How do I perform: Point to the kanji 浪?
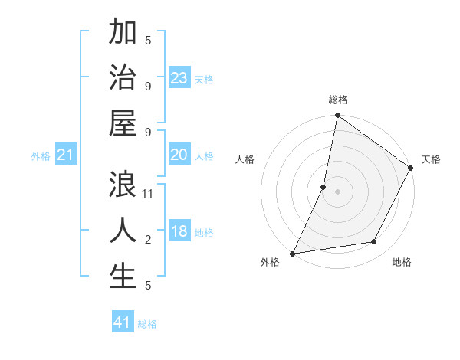pos(123,185)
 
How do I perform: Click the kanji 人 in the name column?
pos(123,230)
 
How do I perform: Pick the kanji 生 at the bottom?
pos(123,276)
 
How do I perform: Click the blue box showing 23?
pos(179,78)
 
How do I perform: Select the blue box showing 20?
pos(179,155)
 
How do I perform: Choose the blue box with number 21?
pos(66,155)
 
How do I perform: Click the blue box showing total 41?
pos(123,322)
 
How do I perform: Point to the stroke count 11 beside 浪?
pos(149,194)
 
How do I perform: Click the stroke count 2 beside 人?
pos(148,240)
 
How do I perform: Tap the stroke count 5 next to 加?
pos(148,40)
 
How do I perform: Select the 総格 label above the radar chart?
pos(338,100)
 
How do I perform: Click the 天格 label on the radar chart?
pos(431,159)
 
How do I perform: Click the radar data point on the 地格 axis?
pos(374,242)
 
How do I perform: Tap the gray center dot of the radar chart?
pos(337,191)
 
